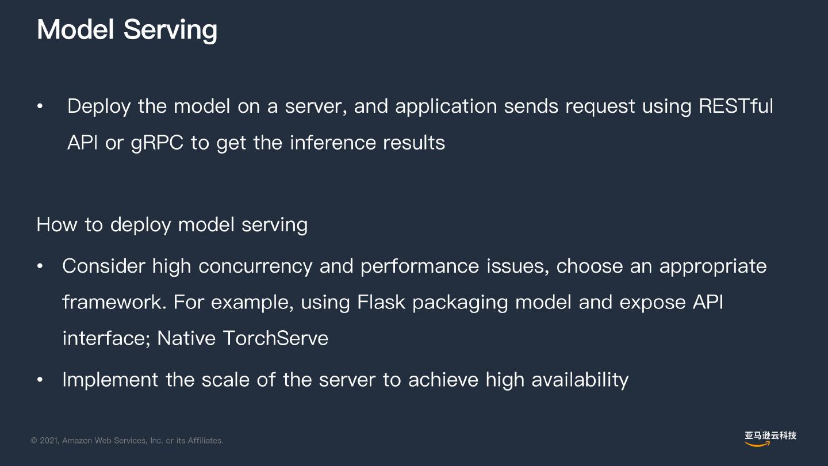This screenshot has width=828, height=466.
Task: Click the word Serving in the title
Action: [170, 30]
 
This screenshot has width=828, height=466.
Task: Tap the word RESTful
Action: [736, 106]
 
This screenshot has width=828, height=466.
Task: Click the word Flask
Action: [381, 302]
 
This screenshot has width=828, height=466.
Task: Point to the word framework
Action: [114, 302]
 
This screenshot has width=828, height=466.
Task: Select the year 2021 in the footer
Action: [48, 441]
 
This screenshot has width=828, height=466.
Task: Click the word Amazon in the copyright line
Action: [77, 441]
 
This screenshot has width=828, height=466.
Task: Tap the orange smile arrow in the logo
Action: [758, 444]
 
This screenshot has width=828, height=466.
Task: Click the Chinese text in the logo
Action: [770, 436]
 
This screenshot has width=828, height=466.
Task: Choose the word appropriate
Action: [713, 266]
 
